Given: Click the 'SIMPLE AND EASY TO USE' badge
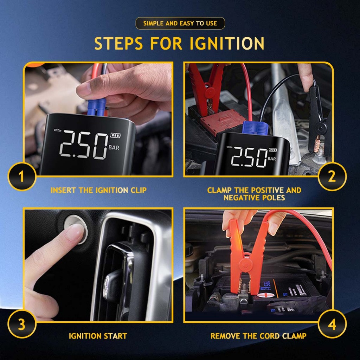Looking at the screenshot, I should [x=180, y=24].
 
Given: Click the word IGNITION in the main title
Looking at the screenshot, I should [x=227, y=43].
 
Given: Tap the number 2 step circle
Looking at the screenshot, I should [x=332, y=176].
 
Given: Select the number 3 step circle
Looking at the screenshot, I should [x=21, y=324].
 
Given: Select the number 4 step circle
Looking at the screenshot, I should [x=332, y=324].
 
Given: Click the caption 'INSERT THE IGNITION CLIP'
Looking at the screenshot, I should [x=98, y=190].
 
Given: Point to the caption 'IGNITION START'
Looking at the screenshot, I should [x=98, y=336].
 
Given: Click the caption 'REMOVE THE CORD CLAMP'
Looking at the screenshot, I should [x=258, y=336].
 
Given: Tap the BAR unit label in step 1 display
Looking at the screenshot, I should [x=114, y=148].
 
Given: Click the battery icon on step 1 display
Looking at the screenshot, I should [x=115, y=135].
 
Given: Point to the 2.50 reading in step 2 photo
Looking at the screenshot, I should [x=249, y=157].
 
